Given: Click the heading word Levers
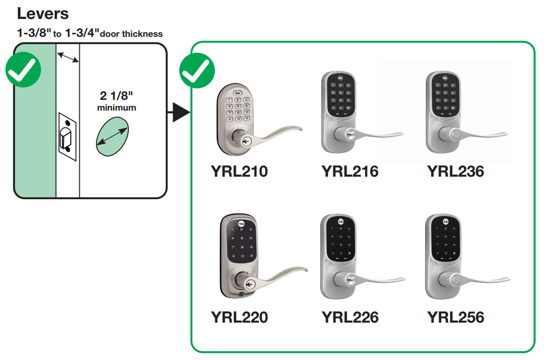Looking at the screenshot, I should tap(43, 13).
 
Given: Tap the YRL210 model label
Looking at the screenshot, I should tap(239, 171).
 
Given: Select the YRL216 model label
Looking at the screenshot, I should tap(350, 171).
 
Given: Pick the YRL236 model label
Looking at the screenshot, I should tap(455, 171).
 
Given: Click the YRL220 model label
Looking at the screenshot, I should tap(239, 317).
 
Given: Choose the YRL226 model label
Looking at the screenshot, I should tap(350, 317).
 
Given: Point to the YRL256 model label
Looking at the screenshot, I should tap(455, 317).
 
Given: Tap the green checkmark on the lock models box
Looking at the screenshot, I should tap(197, 72).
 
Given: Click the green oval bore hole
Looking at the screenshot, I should tap(112, 135).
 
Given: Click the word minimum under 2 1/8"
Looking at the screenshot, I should tap(117, 108).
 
